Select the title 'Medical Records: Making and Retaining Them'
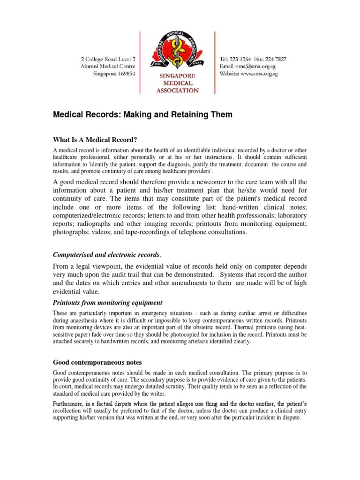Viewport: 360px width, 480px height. pyautogui.click(x=142, y=114)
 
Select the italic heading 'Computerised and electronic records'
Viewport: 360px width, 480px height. pyautogui.click(x=106, y=255)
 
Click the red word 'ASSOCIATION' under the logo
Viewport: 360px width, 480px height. pyautogui.click(x=177, y=90)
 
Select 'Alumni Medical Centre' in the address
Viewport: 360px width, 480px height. pyautogui.click(x=107, y=67)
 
